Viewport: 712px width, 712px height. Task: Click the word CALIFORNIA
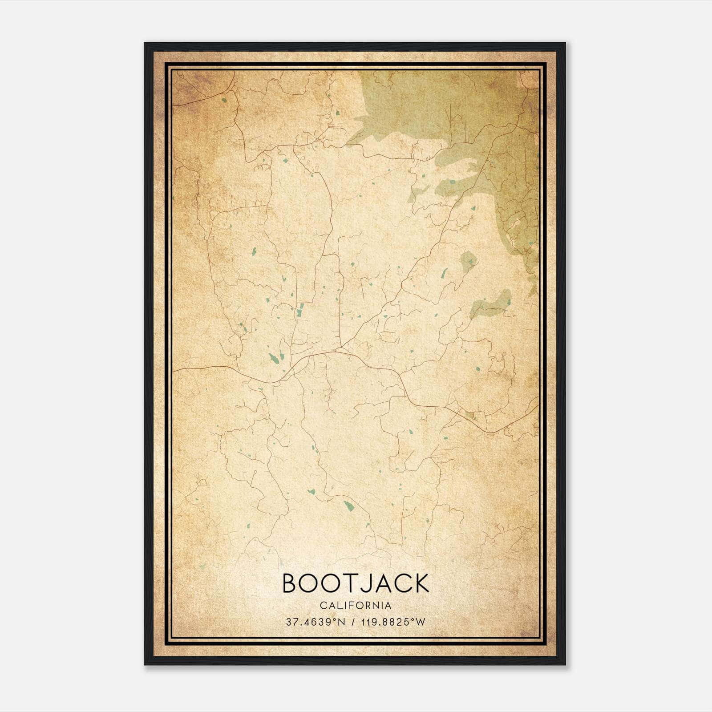356,605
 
